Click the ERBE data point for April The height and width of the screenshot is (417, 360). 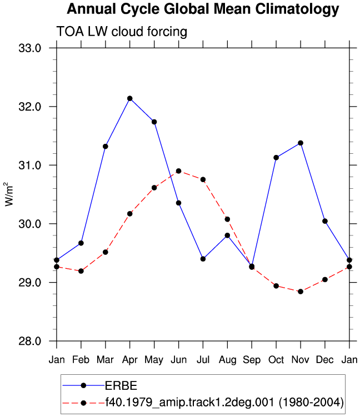130,98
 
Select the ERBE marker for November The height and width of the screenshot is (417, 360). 301,143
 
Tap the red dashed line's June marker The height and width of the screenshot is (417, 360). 178,171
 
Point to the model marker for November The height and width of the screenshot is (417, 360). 301,292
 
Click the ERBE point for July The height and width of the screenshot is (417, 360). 203,259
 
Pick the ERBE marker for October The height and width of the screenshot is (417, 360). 276,158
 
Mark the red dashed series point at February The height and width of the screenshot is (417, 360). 81,271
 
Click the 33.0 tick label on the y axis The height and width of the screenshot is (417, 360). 30,48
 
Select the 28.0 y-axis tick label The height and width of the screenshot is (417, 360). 30,341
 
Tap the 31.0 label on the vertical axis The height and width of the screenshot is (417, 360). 30,165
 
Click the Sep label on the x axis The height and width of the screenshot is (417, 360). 252,360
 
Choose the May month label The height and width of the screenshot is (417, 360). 154,360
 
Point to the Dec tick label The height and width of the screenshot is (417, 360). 324,360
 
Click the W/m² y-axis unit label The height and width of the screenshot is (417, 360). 9,194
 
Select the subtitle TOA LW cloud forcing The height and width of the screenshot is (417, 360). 122,32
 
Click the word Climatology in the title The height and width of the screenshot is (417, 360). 297,9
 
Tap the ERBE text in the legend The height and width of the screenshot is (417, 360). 121,385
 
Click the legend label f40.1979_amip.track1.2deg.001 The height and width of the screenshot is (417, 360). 189,403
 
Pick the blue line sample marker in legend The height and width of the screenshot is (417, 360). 83,385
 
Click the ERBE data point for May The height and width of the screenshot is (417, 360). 154,122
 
